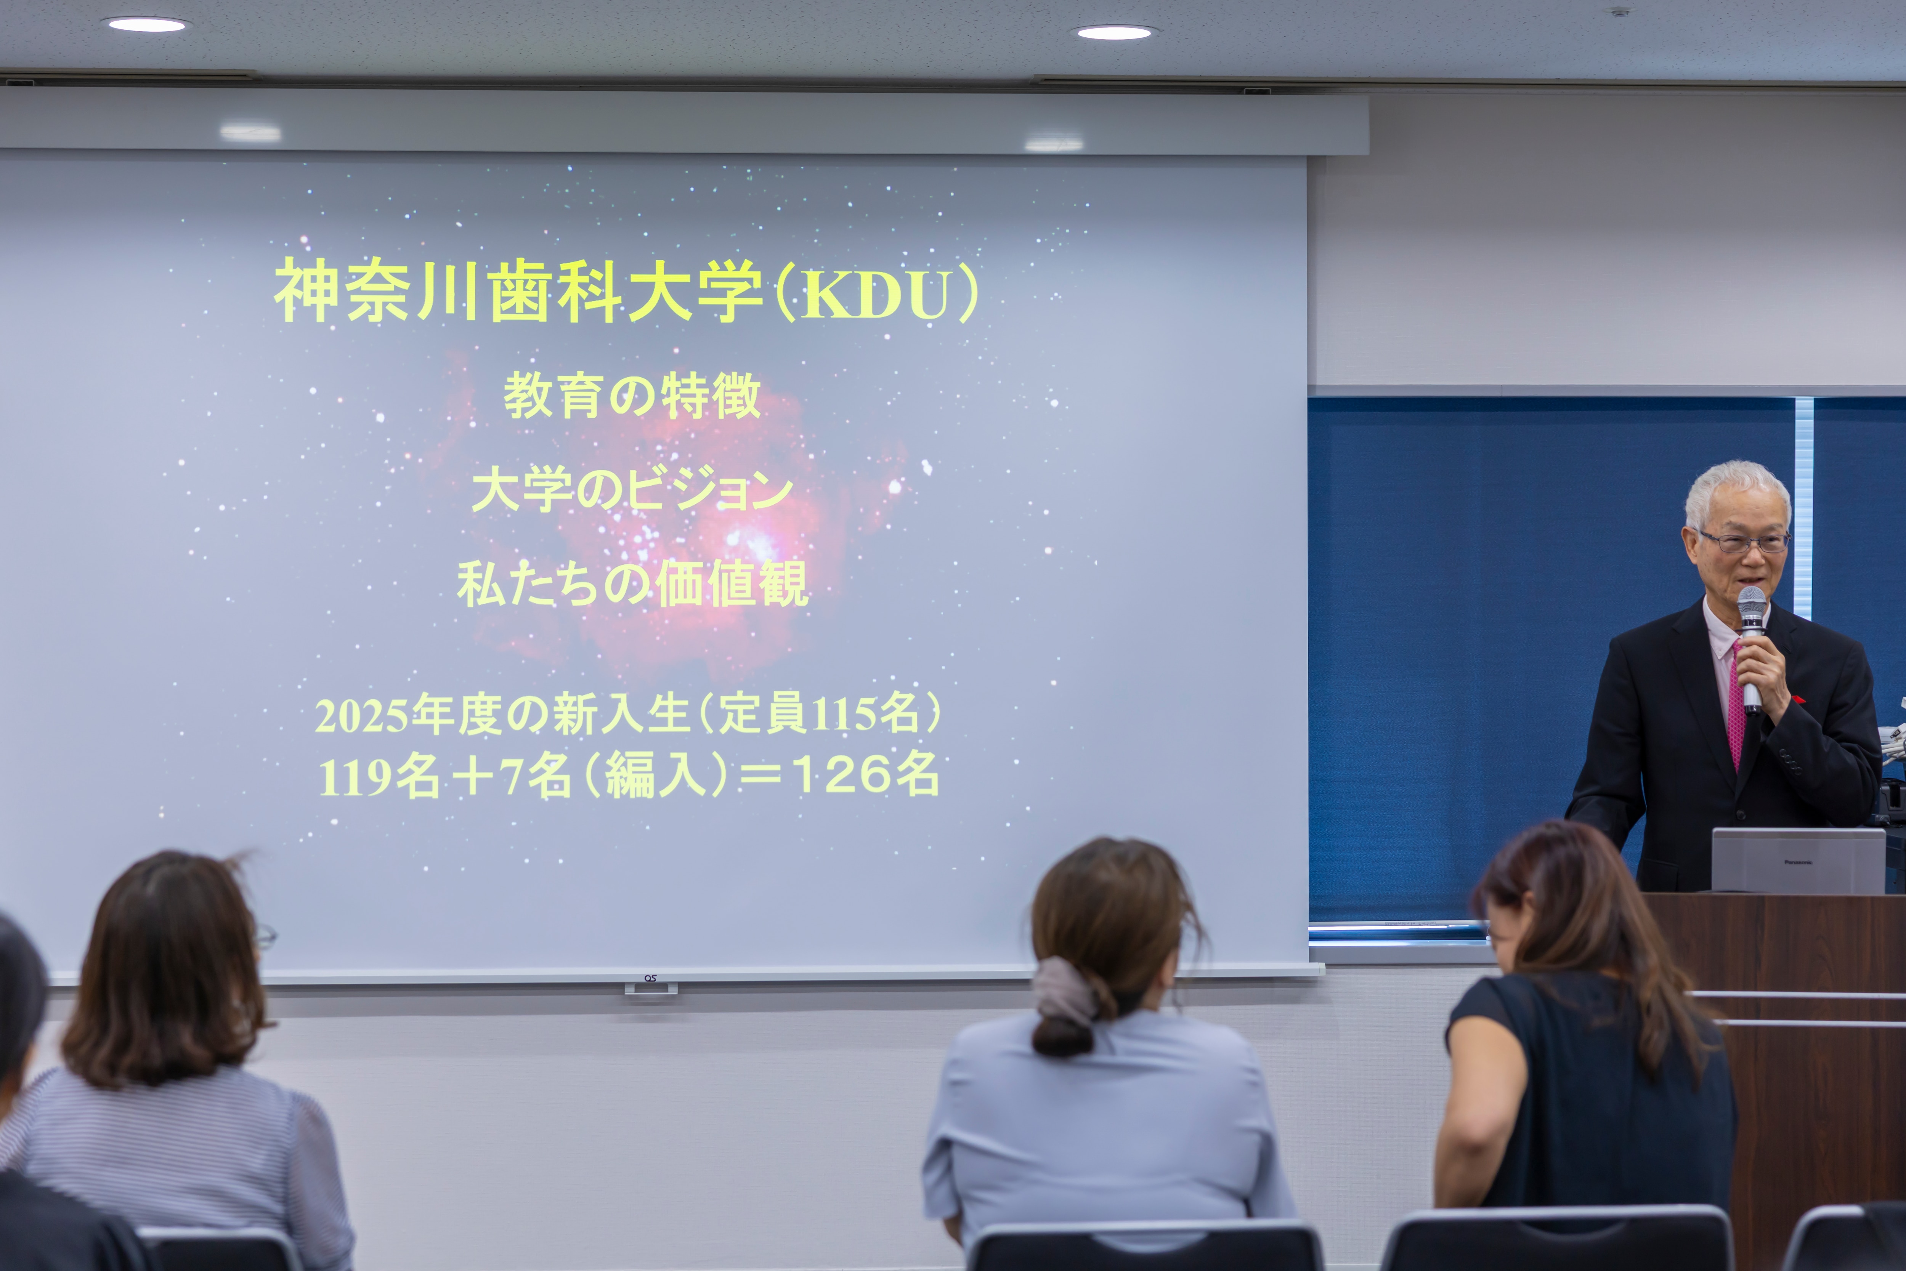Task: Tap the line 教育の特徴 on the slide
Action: pos(632,396)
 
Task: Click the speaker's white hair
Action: pos(1738,490)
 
